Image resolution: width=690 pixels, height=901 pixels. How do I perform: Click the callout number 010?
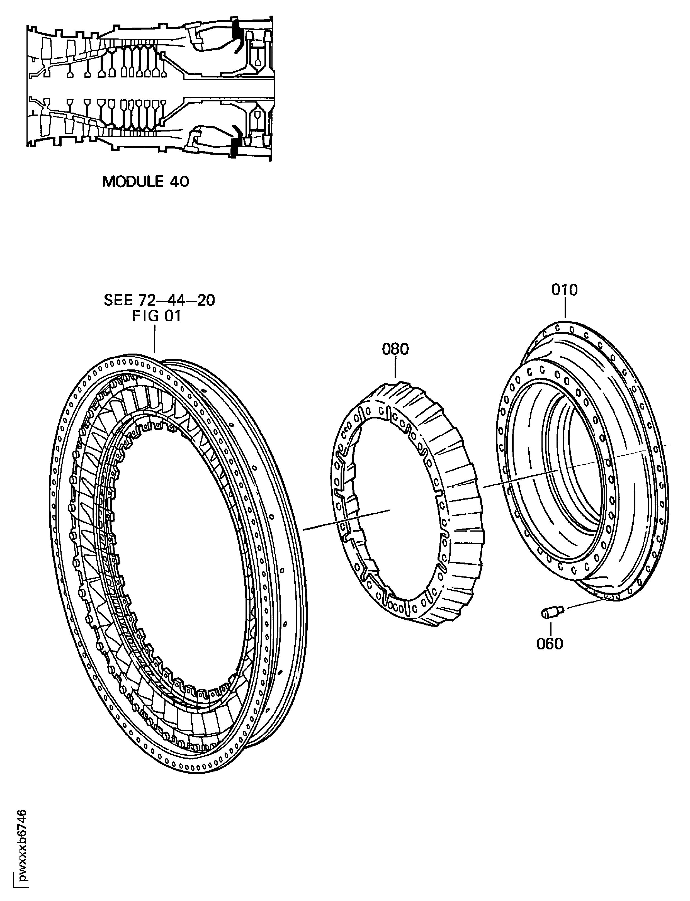coord(564,290)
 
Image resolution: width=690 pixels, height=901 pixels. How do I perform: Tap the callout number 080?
coord(395,349)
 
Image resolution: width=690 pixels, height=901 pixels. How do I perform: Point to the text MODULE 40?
coord(145,182)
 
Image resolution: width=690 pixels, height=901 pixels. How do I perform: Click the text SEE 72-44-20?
coord(159,300)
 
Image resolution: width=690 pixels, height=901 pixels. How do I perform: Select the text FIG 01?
coord(156,316)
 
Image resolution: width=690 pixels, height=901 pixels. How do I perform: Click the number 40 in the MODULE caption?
coord(179,182)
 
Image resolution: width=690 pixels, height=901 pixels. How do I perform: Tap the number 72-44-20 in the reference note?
coord(177,300)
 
